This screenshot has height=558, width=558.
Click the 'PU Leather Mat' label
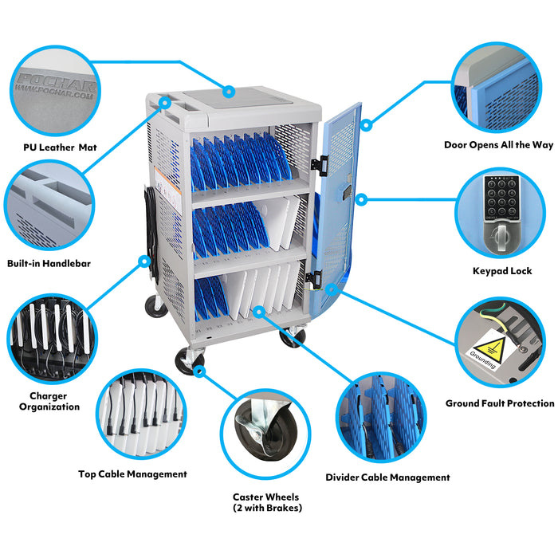click(60, 147)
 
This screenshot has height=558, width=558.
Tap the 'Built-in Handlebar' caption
click(49, 264)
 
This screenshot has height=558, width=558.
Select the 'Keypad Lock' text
click(502, 271)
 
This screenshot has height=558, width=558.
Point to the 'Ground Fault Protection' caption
click(500, 403)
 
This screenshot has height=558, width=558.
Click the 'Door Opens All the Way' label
click(498, 145)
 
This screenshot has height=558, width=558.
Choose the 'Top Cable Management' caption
click(132, 474)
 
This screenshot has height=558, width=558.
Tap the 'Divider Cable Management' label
click(387, 477)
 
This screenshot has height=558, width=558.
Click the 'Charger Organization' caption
click(49, 401)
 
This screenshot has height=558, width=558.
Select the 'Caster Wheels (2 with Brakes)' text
click(267, 502)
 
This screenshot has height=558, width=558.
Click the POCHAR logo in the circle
click(57, 86)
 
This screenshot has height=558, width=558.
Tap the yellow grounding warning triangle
click(491, 350)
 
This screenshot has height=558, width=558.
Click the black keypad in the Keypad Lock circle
click(501, 198)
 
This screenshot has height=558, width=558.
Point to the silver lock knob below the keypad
click(501, 235)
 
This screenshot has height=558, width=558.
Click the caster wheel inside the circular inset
click(265, 434)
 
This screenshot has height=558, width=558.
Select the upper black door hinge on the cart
click(320, 165)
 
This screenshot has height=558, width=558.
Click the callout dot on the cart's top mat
click(230, 92)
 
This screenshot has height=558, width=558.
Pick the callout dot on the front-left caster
click(199, 371)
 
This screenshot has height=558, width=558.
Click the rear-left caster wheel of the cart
click(156, 306)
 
